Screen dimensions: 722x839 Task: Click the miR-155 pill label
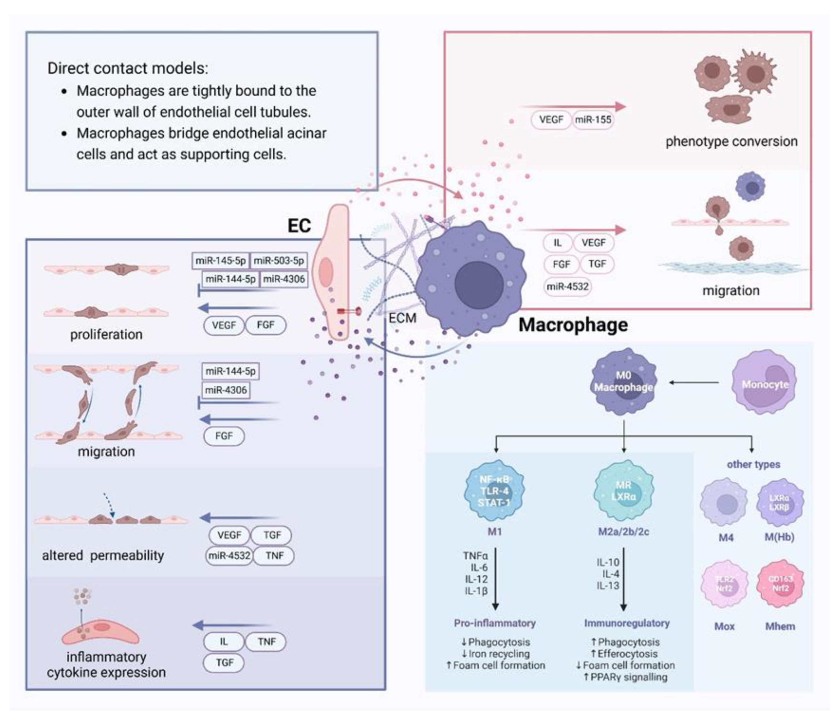593,120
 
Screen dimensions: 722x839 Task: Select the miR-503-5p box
278,261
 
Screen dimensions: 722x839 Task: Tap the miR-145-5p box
221,261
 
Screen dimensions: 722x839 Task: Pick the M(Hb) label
779,537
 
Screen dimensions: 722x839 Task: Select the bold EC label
299,226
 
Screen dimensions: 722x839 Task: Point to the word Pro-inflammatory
494,623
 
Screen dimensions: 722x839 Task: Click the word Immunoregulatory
626,623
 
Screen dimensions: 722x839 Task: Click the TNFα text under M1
475,556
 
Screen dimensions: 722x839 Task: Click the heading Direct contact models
128,68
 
